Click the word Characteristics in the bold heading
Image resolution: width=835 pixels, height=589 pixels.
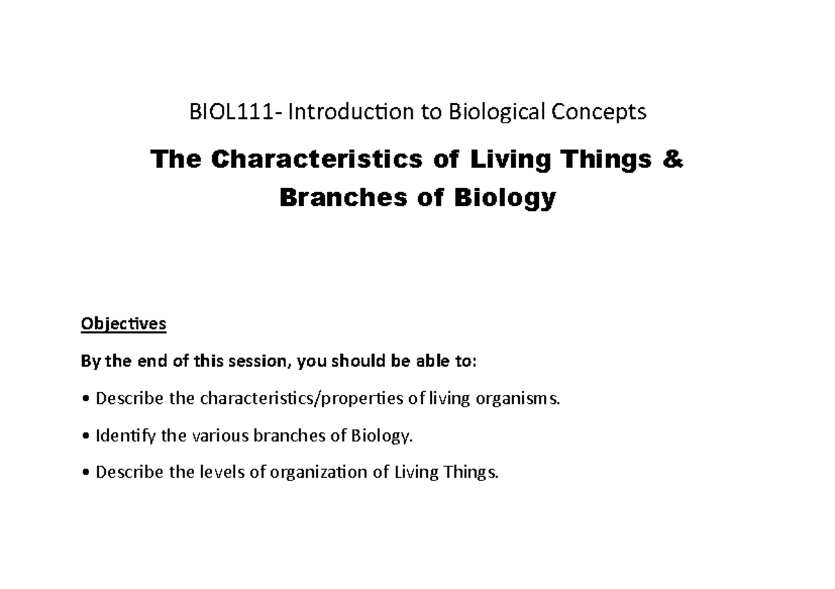click(317, 159)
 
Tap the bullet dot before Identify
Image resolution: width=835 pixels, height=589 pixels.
click(85, 437)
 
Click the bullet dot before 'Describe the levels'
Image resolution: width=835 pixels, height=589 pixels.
click(85, 473)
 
